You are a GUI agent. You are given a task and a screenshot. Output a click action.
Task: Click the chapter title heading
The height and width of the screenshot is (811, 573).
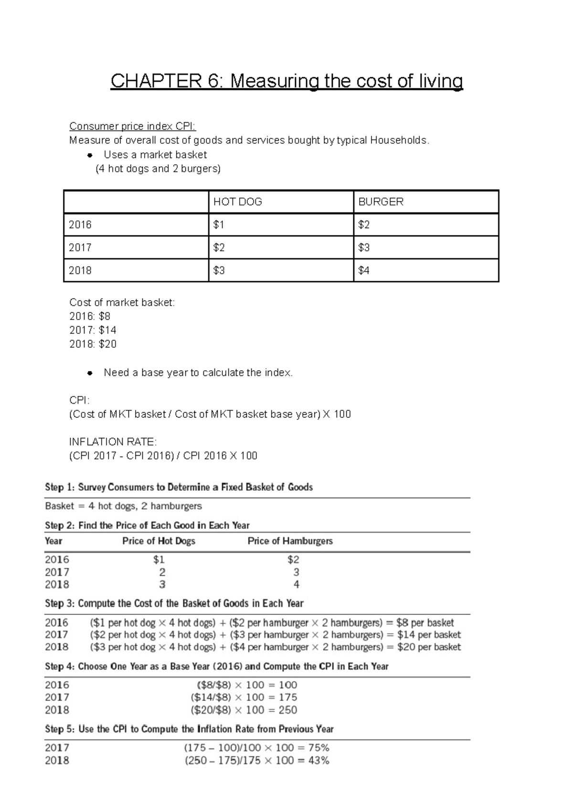coord(286,81)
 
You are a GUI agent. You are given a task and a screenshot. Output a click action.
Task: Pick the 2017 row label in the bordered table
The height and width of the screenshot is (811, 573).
coord(80,247)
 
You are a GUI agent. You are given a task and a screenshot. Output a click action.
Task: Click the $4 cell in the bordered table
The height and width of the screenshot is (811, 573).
coord(364,270)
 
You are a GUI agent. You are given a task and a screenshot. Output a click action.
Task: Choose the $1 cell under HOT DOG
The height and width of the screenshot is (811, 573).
coord(219,224)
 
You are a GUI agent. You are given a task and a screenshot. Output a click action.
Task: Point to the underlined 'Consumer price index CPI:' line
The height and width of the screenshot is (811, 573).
coord(132,126)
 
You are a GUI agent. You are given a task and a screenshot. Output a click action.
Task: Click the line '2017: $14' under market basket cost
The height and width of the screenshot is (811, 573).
coord(93,330)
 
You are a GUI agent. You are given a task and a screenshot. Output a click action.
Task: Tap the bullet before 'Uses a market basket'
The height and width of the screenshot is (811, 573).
coord(89,155)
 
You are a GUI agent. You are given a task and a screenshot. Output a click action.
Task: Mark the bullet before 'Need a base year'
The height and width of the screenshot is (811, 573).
coord(89,373)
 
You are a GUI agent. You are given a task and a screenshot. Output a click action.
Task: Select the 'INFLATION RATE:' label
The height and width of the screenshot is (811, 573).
coord(113,442)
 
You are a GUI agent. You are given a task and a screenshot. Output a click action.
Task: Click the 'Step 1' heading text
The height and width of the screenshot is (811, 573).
coord(179,487)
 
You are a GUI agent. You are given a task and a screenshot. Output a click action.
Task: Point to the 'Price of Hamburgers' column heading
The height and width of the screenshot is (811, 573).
coord(290,541)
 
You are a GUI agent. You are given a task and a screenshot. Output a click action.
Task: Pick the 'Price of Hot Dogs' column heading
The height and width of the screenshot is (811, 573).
coord(159,541)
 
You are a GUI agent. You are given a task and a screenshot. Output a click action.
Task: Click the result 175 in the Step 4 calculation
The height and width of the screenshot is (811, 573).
coord(288,697)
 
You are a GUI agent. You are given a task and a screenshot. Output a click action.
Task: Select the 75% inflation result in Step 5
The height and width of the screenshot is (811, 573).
coord(318,748)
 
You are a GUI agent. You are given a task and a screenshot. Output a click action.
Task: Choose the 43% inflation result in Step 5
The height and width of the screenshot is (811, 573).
coord(318,760)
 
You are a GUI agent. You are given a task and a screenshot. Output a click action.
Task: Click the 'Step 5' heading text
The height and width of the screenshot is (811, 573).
coord(189,729)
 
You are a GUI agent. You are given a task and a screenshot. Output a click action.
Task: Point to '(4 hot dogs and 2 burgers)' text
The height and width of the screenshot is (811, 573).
coord(158,169)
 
